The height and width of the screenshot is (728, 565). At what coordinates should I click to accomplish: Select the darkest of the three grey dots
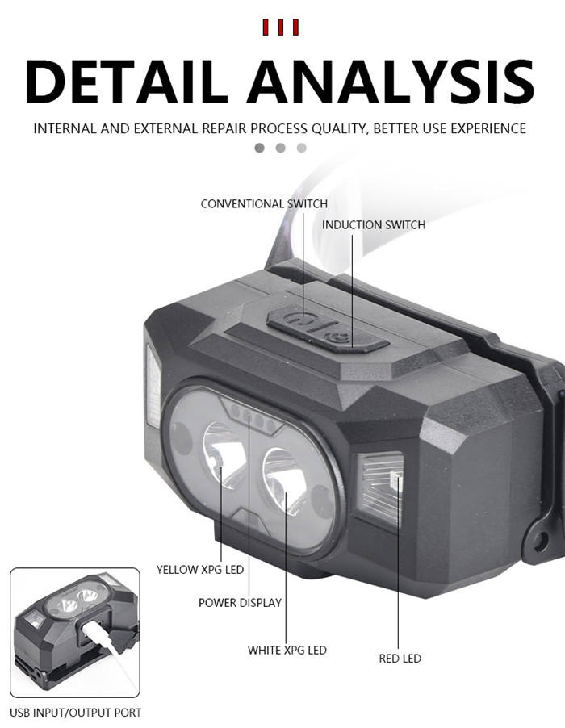[x=260, y=148]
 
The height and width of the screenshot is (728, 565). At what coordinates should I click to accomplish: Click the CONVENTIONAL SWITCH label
[x=264, y=204]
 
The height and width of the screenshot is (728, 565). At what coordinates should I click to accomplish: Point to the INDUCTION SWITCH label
[x=374, y=224]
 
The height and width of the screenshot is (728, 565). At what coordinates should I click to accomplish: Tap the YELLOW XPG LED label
[x=199, y=570]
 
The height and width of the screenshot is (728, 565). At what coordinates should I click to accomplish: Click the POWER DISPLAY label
[x=240, y=602]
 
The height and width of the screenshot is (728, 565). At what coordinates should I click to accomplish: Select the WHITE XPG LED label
[x=287, y=650]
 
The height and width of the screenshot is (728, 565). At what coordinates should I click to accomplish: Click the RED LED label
[x=400, y=659]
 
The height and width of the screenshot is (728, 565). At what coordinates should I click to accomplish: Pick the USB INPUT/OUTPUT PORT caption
[x=76, y=713]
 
